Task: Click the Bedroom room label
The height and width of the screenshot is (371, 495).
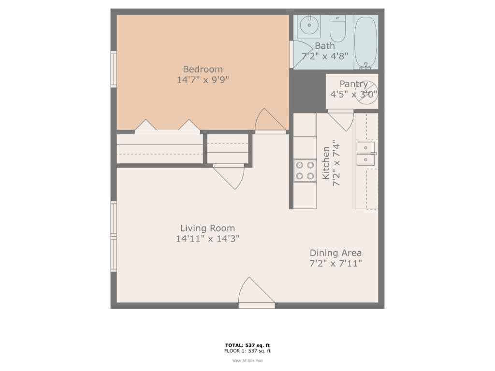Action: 203,69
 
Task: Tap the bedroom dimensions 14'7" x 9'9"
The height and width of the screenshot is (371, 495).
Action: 203,80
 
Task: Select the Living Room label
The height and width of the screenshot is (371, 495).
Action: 207,228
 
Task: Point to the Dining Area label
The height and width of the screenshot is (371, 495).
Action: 335,253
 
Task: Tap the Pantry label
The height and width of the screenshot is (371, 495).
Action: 353,84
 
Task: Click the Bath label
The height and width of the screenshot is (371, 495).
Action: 324,46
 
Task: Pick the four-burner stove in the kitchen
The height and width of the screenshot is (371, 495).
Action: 305,171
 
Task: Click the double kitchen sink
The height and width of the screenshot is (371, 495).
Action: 365,154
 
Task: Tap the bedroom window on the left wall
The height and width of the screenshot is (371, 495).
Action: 114,69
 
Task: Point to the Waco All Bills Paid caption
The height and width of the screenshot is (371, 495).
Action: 247,360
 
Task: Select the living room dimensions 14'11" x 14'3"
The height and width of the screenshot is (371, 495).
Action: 207,239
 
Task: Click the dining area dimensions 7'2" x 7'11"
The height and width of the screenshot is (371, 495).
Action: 335,263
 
